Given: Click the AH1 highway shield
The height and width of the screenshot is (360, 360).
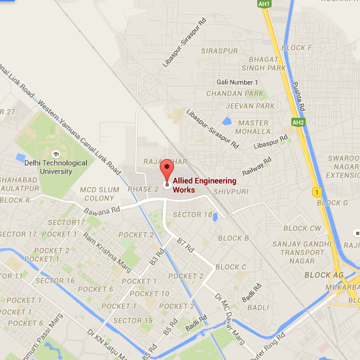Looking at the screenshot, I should tap(264, 4).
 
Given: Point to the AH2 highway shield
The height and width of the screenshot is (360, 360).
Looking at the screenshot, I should tap(298, 122).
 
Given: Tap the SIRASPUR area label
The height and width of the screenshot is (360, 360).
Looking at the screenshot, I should tap(220, 50).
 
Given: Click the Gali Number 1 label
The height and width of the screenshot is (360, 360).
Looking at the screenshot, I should tap(237, 82).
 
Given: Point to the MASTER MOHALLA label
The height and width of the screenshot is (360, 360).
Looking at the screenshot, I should tap(253, 127).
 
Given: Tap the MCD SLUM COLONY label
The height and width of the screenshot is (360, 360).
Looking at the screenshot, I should tap(97, 194).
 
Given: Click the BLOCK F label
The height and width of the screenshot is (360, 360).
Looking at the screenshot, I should tap(297, 48).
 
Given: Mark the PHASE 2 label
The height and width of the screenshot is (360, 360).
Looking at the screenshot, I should tap(143, 189).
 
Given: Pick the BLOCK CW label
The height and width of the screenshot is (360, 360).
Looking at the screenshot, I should tap(302, 228).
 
